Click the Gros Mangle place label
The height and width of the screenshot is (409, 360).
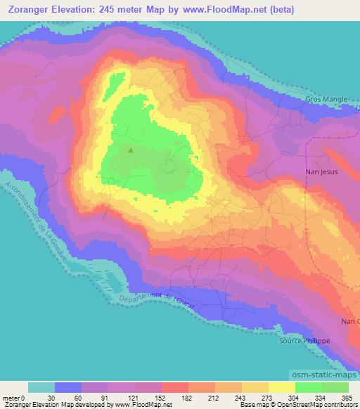pos(326,100)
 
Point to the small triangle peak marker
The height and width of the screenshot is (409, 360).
pos(130,148)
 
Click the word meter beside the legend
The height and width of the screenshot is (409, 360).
pos(11,397)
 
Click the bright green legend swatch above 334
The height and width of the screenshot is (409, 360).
pos(307,387)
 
